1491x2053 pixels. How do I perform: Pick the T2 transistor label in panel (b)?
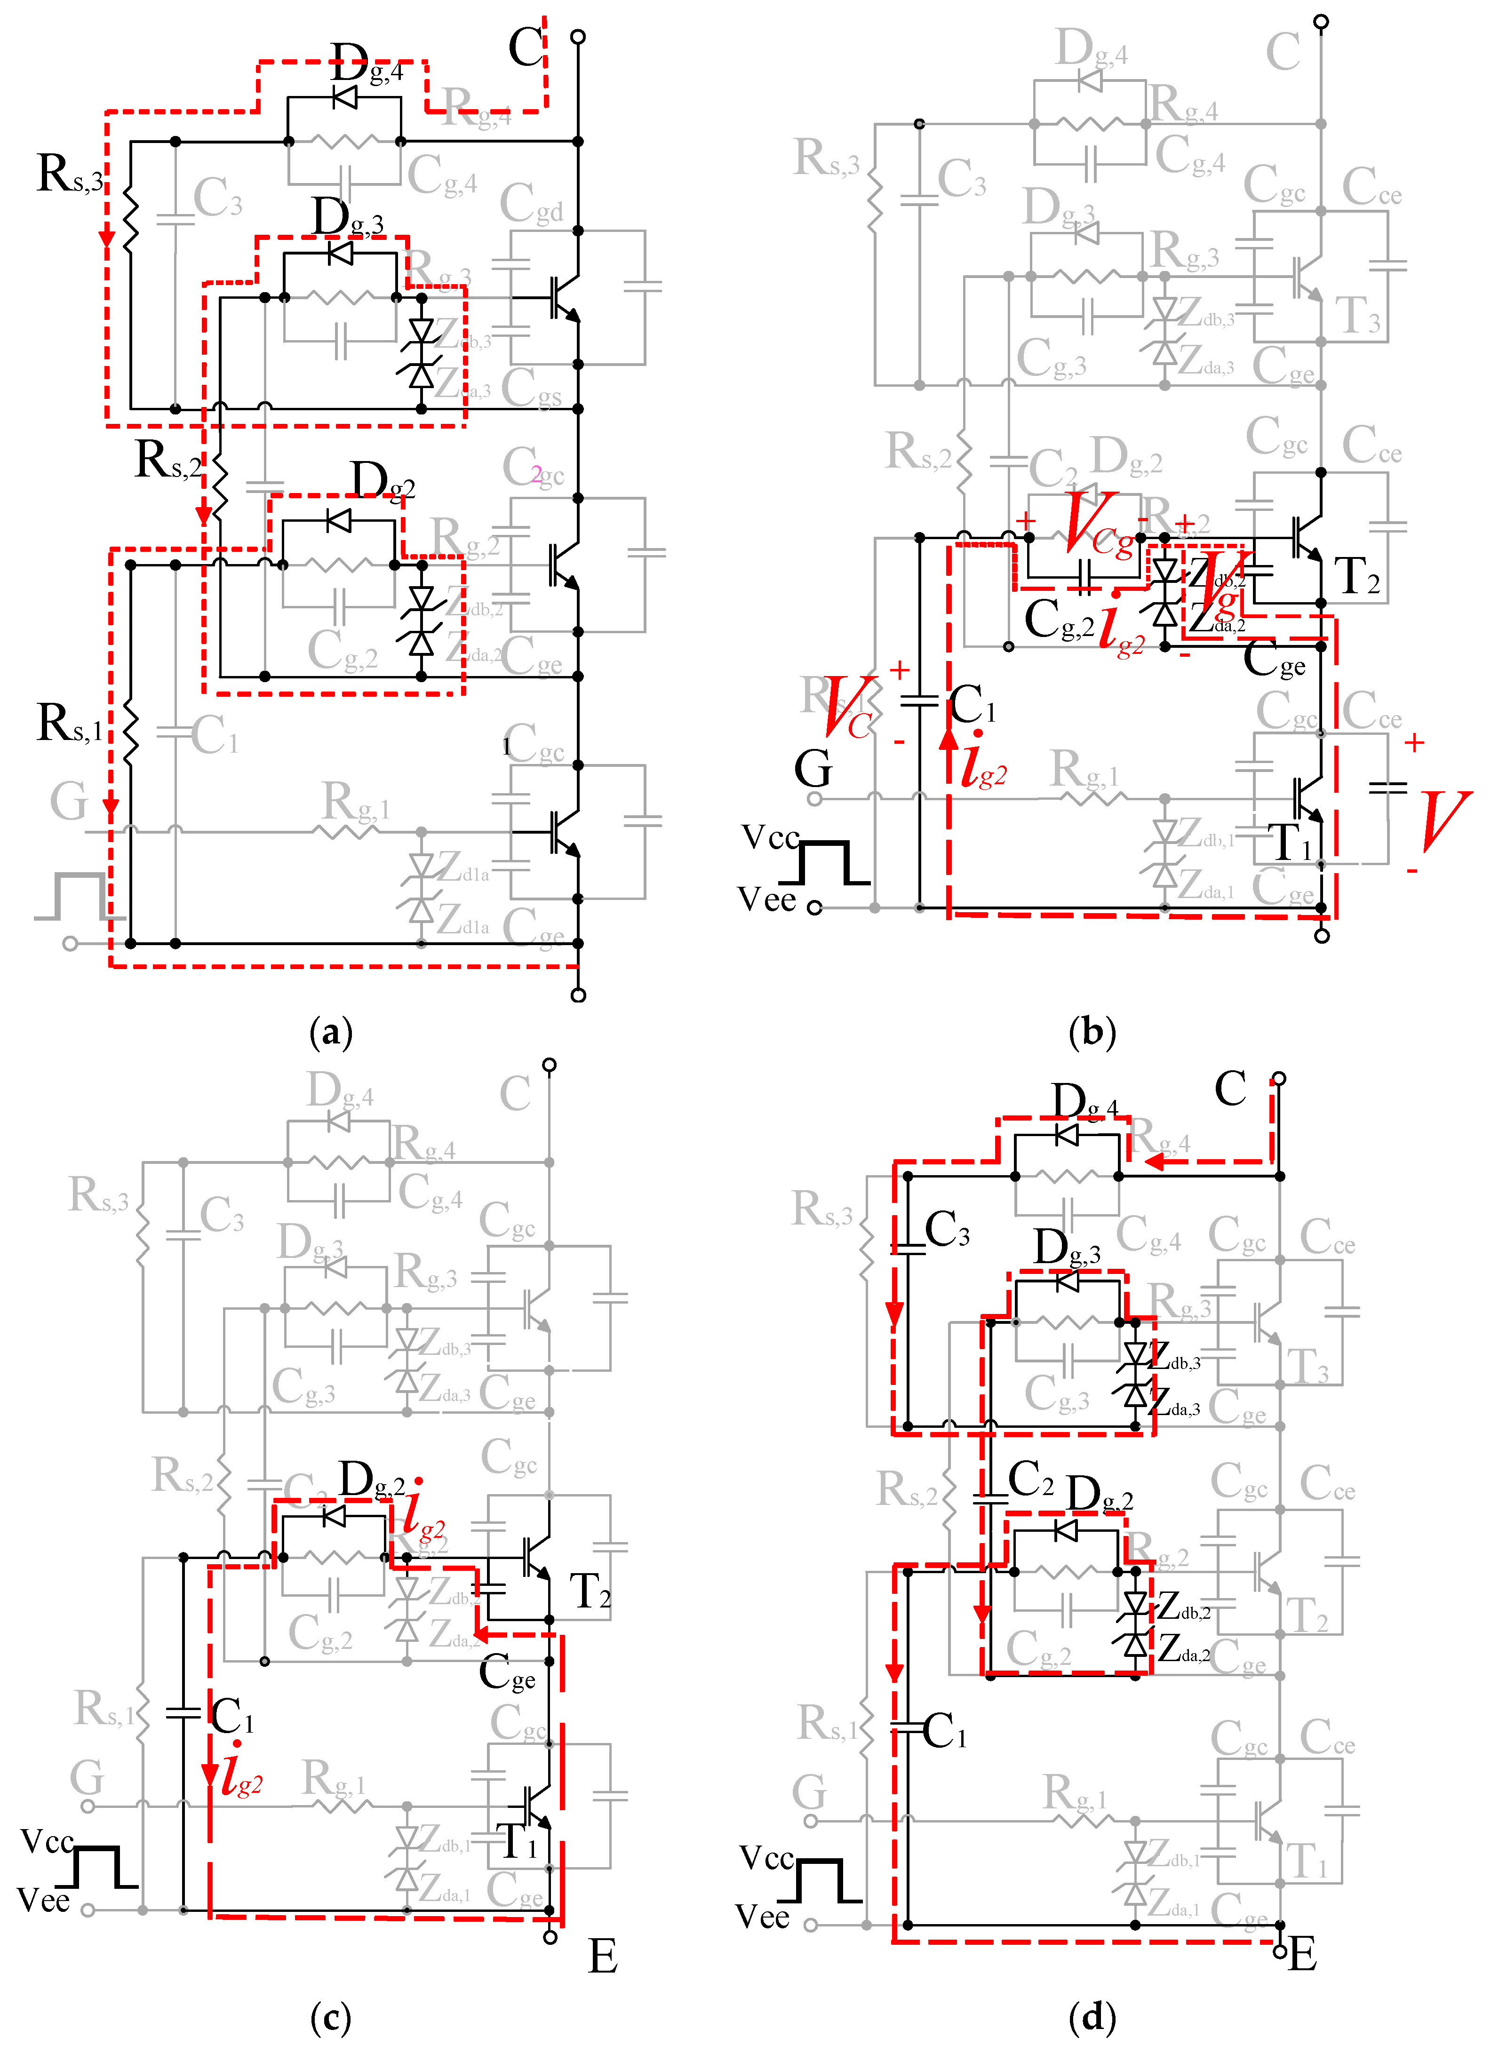point(1358,576)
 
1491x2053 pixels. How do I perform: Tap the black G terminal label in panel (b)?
point(813,770)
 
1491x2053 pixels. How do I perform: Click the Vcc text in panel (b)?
point(769,837)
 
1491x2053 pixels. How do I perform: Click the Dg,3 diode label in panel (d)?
point(1067,1249)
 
